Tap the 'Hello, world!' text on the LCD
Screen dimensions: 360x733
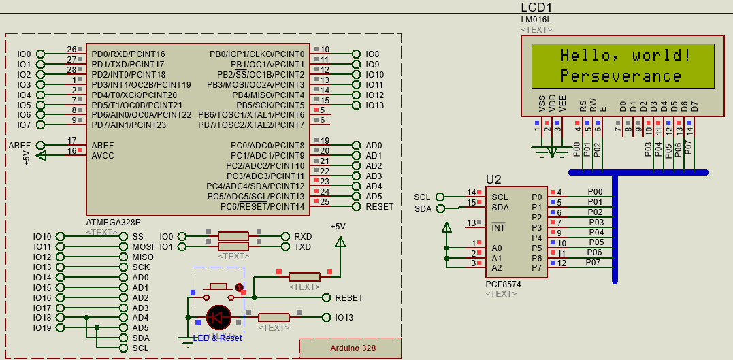coord(625,55)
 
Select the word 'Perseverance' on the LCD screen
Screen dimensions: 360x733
coord(621,76)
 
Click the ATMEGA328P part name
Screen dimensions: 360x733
coord(114,223)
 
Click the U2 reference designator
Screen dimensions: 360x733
coord(493,180)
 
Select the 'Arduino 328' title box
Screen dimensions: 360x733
coord(353,348)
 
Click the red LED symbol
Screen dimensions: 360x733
coord(219,316)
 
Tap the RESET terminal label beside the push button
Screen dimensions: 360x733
coord(349,297)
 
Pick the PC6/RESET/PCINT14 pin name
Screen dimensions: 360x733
coord(262,207)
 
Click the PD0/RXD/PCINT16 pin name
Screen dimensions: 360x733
coord(128,54)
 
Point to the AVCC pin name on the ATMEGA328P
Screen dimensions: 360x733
coord(103,156)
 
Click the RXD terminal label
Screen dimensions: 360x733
coord(303,236)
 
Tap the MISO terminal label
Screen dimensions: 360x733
coord(143,257)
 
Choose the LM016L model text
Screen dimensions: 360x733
coord(536,20)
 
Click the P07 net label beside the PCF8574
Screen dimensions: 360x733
coord(593,262)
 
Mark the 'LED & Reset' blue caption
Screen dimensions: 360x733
coord(217,338)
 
